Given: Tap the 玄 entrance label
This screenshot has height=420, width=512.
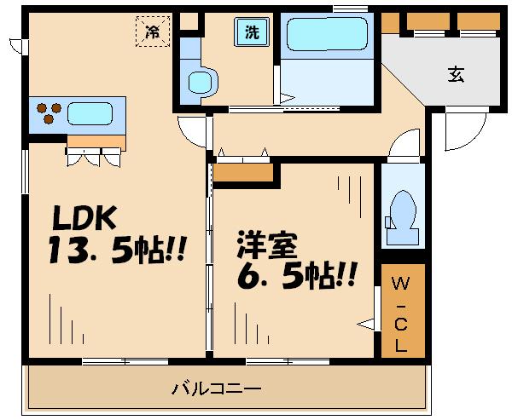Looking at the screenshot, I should click(457, 74).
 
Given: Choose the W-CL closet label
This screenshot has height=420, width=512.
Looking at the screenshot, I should click(399, 313).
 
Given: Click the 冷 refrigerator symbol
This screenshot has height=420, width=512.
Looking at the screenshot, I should click(153, 33).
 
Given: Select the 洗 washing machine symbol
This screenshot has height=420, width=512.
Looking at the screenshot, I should click(253, 33).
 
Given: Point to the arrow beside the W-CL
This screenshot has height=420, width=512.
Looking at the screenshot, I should click(366, 323).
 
